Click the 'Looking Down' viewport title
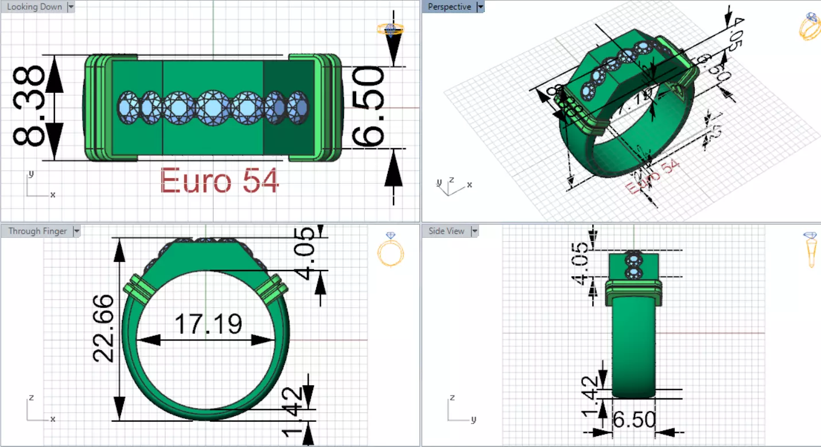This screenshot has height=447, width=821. [34, 7]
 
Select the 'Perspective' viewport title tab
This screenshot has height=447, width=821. [449, 7]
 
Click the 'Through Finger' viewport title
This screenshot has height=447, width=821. [37, 231]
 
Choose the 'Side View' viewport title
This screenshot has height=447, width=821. [446, 231]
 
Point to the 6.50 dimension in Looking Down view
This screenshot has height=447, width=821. [367, 107]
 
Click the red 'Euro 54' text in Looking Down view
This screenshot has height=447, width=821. [219, 181]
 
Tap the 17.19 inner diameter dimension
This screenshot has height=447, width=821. [207, 324]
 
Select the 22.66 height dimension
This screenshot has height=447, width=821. [104, 328]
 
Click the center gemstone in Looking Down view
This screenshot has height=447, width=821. [213, 107]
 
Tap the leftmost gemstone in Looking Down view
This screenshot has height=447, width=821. [127, 107]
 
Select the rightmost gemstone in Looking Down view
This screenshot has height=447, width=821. [298, 107]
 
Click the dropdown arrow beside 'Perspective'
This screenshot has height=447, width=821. [480, 7]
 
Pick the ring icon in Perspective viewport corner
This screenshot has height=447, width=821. [810, 26]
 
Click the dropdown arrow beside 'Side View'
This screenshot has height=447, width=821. [474, 231]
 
